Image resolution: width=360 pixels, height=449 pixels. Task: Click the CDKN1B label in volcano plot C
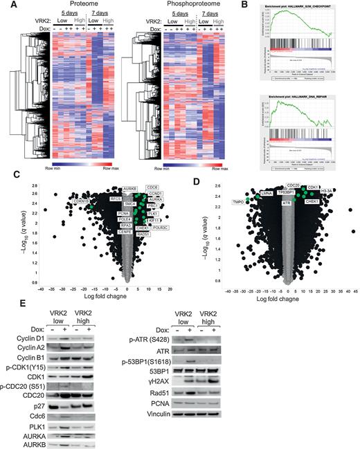point(82,201)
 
